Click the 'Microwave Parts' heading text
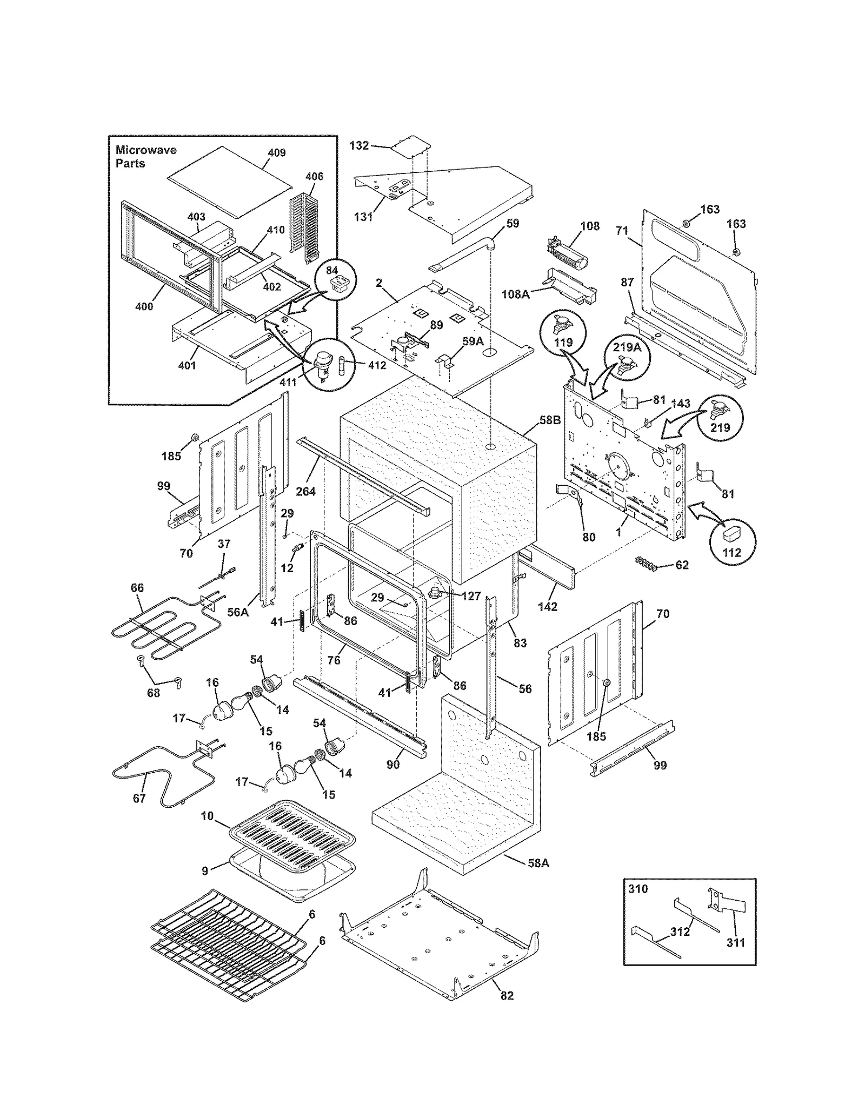click(145, 156)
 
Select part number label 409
click(277, 152)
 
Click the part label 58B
click(549, 420)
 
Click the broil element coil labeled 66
click(157, 629)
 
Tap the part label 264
click(305, 491)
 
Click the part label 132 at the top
click(359, 145)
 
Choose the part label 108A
click(515, 294)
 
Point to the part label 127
click(471, 596)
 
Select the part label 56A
click(237, 612)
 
